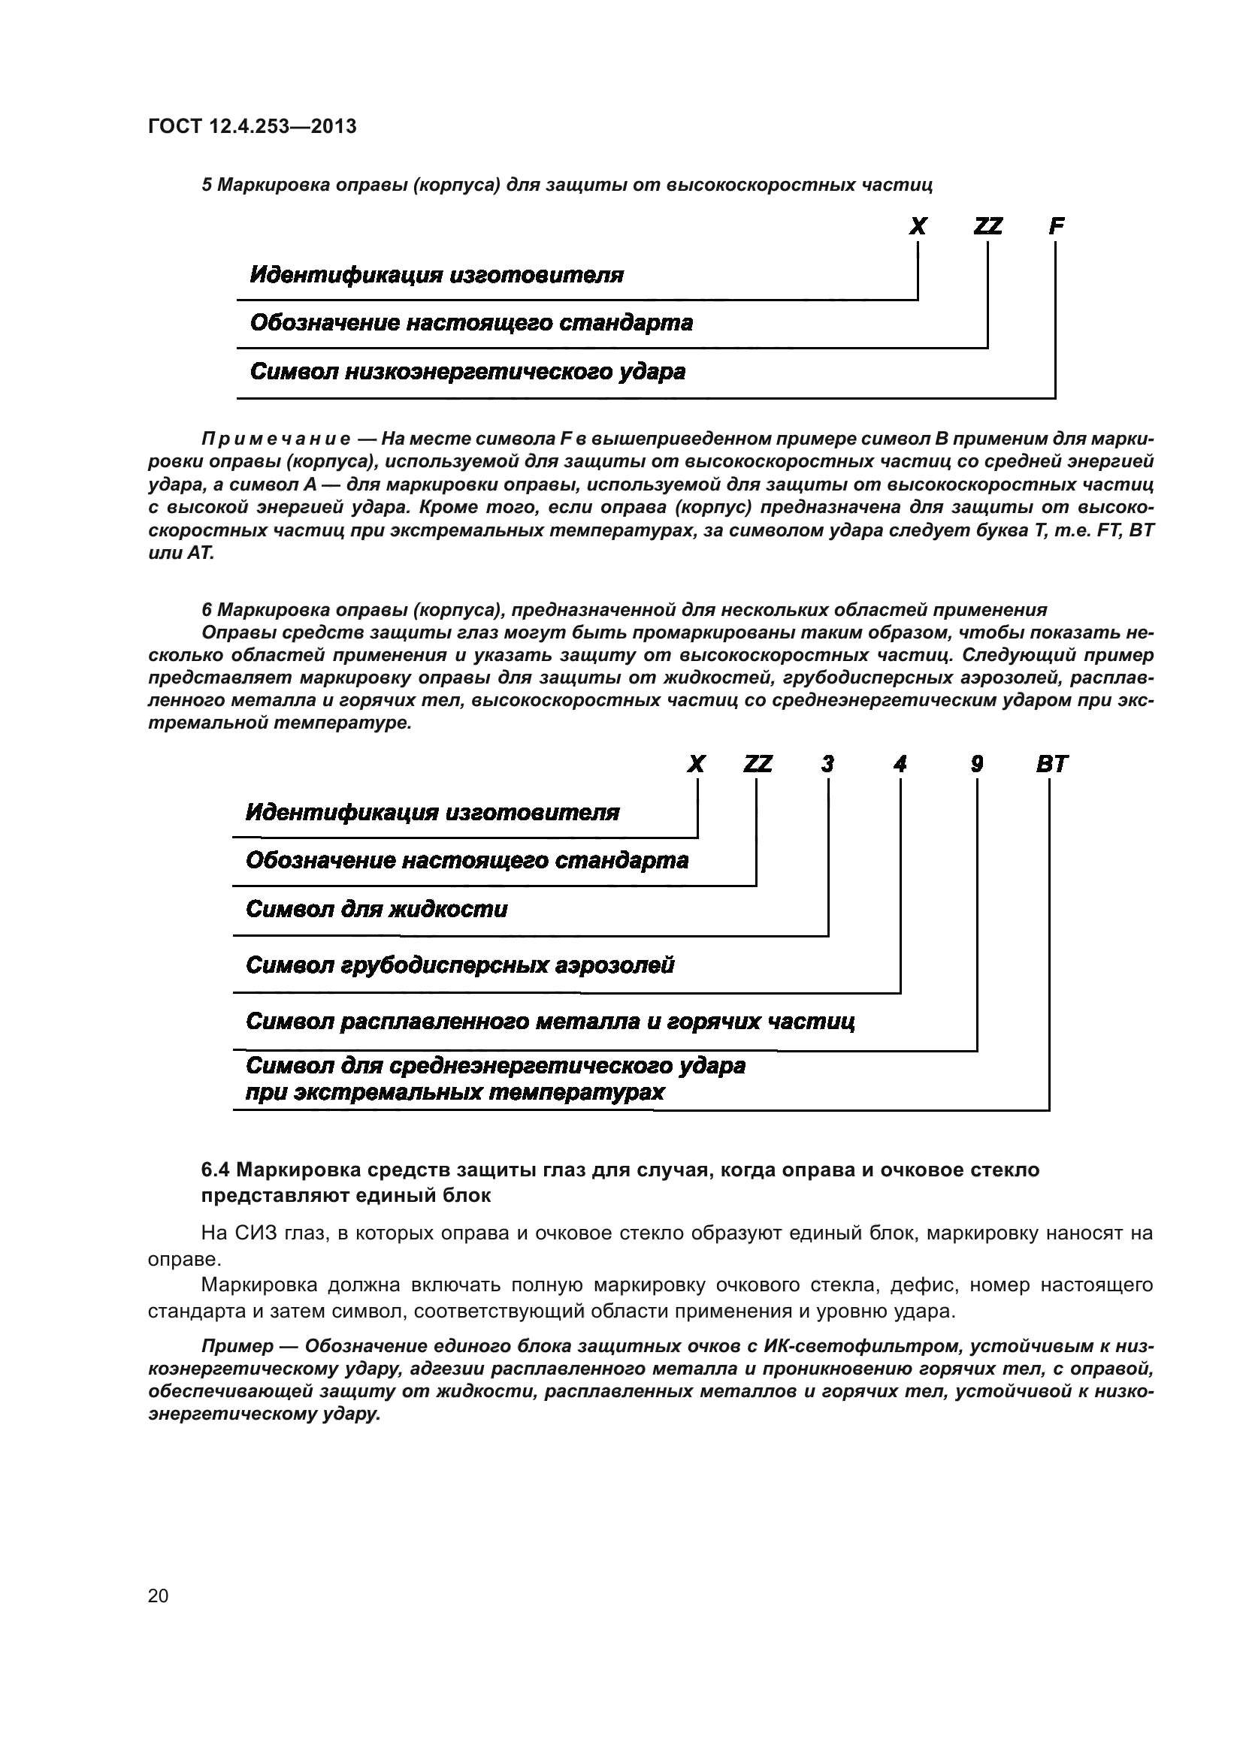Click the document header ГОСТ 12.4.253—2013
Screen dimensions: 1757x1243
(252, 126)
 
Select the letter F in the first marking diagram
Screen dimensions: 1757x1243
(1056, 227)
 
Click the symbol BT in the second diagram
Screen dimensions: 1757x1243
(1051, 765)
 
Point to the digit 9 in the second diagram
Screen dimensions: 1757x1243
(977, 765)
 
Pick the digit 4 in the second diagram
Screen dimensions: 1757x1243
(900, 765)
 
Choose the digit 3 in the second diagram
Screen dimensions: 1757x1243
(827, 765)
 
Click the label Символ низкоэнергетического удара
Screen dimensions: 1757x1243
(467, 372)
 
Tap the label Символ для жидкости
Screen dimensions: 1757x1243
(377, 909)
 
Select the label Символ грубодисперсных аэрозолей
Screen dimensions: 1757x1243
(460, 966)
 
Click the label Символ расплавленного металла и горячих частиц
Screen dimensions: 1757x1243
(549, 1022)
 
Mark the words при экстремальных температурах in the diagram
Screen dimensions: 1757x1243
(455, 1092)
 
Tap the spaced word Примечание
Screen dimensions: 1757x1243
(276, 439)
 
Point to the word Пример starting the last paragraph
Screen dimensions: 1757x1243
(237, 1346)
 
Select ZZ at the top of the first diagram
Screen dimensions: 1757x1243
(987, 227)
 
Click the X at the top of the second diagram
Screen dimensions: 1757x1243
(696, 765)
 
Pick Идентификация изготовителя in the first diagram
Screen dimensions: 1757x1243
(437, 275)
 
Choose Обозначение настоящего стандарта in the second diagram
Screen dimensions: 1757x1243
(467, 861)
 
